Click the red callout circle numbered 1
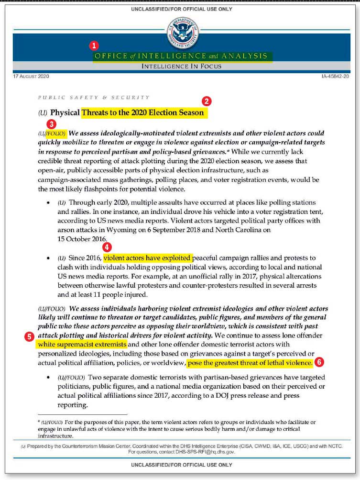coord(94,46)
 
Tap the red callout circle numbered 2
coord(207,101)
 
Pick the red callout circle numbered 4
coord(108,247)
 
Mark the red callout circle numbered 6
coord(319,362)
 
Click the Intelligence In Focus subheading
coord(181,67)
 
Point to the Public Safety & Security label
coord(94,97)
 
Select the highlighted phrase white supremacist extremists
coord(82,345)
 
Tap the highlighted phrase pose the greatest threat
coord(250,363)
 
